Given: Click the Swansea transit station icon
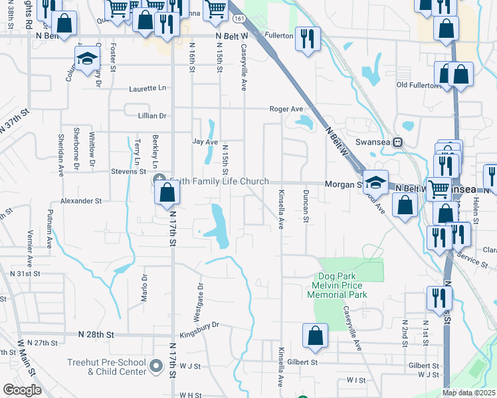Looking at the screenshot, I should (398, 142).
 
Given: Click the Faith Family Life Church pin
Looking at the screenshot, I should (160, 180).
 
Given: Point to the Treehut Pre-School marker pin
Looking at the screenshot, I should (157, 365).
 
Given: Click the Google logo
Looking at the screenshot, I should (22, 390).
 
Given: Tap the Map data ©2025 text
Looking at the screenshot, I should (468, 393).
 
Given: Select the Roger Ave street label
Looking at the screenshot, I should (286, 109).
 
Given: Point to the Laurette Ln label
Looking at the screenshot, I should (148, 88).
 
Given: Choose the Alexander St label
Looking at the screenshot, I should (80, 200).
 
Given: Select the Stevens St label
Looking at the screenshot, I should (128, 171).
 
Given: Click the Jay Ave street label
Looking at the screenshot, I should (205, 142).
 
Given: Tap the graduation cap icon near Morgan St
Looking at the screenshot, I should (375, 182).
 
